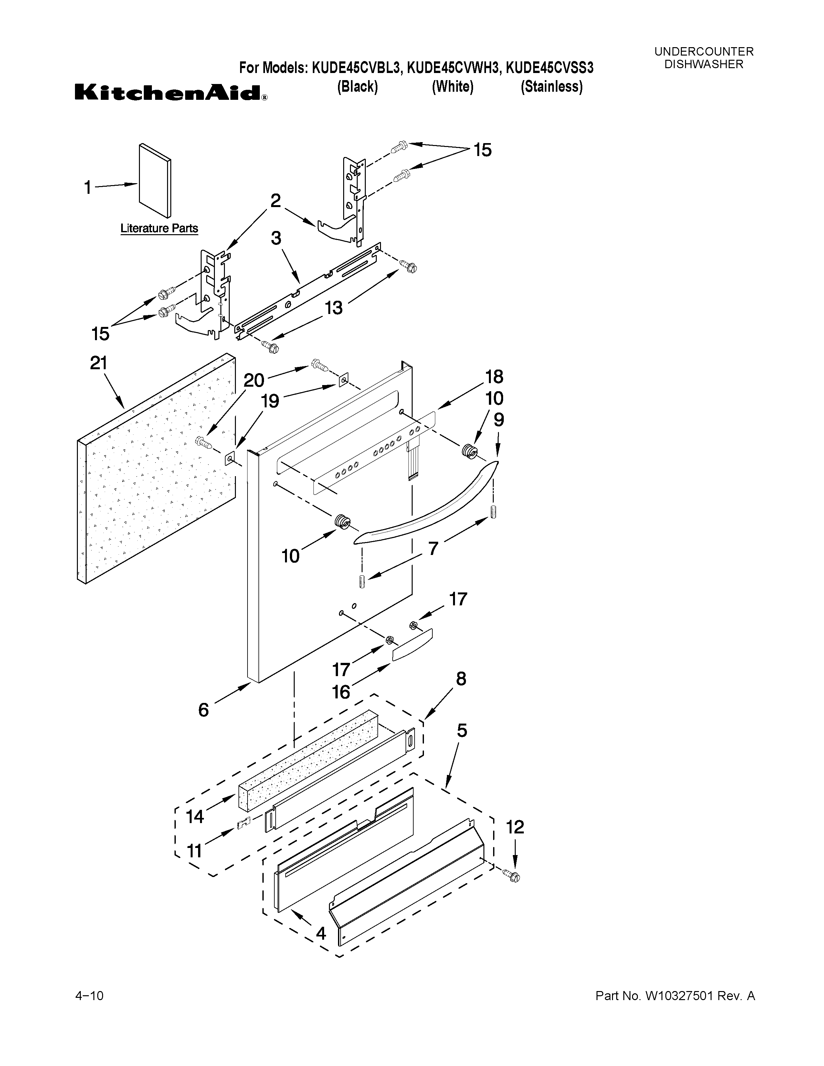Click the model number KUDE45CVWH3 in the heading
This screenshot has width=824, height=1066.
coord(453,68)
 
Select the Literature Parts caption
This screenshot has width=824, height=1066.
coord(159,228)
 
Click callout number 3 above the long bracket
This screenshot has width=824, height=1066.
coord(276,238)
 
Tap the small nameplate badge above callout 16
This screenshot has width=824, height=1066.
coord(413,644)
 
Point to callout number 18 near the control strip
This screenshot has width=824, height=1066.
coord(494,376)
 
